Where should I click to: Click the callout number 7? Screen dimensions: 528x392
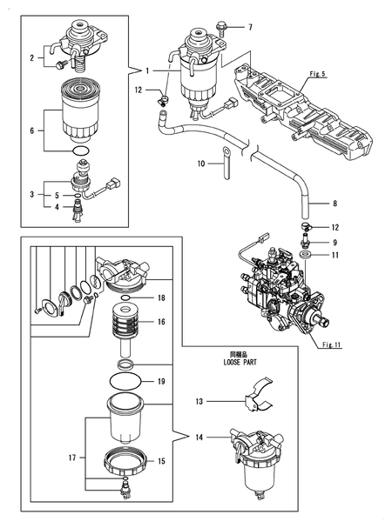(250, 27)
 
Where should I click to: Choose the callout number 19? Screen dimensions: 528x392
(161, 381)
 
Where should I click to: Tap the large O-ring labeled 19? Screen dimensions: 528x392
(126, 381)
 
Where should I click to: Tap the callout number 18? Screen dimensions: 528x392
(161, 297)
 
